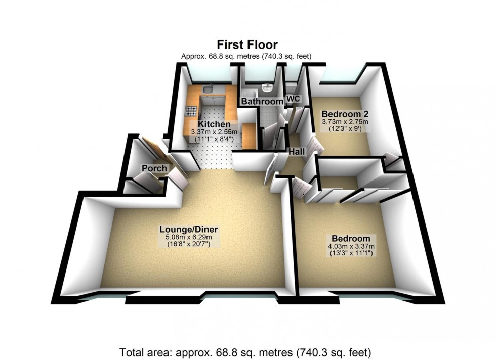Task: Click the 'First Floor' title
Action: point(247,44)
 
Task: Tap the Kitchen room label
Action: point(214,124)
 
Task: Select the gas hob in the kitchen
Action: point(191,111)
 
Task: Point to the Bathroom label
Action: point(262,102)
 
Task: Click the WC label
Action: point(293,99)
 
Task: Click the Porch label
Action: point(151,168)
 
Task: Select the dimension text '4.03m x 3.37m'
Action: point(351,246)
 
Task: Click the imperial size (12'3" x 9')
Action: point(345,129)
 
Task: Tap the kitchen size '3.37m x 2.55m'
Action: point(214,132)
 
